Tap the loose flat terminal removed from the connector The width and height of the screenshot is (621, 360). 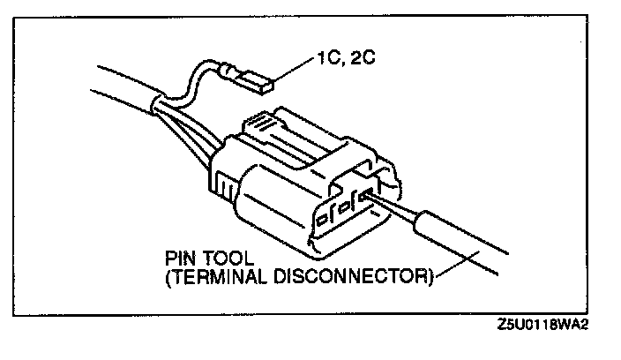pyautogui.click(x=258, y=84)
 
